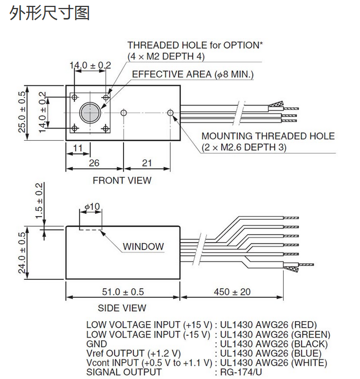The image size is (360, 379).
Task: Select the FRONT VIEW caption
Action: pos(122,180)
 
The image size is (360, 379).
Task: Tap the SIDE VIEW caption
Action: pos(122,308)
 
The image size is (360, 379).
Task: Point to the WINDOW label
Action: pos(143,246)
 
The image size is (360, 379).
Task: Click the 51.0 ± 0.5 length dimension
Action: pos(122,291)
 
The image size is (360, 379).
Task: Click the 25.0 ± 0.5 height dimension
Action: pos(22,113)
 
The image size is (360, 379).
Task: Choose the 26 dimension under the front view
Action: pos(94,162)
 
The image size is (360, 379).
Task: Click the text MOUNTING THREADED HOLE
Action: pos(268,136)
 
